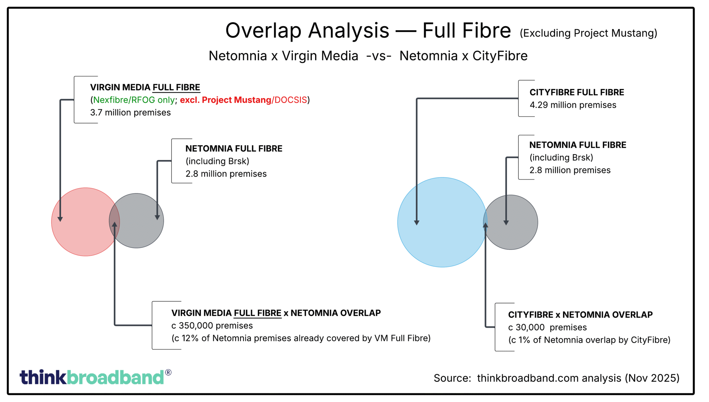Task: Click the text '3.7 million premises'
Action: [130, 113]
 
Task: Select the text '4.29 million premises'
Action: [573, 105]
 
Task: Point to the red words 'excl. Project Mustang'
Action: [225, 100]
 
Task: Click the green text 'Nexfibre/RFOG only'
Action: [134, 100]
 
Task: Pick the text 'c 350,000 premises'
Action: [212, 326]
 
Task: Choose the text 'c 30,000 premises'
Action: [547, 327]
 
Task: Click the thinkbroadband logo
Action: [92, 377]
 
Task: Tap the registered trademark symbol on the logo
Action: [168, 373]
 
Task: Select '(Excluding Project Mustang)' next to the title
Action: [588, 33]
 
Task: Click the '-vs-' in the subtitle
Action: [379, 56]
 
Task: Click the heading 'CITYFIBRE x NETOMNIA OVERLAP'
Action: [580, 315]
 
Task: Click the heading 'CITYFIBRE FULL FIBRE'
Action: [577, 93]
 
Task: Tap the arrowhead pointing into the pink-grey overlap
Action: [115, 224]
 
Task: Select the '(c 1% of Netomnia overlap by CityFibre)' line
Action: [589, 340]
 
